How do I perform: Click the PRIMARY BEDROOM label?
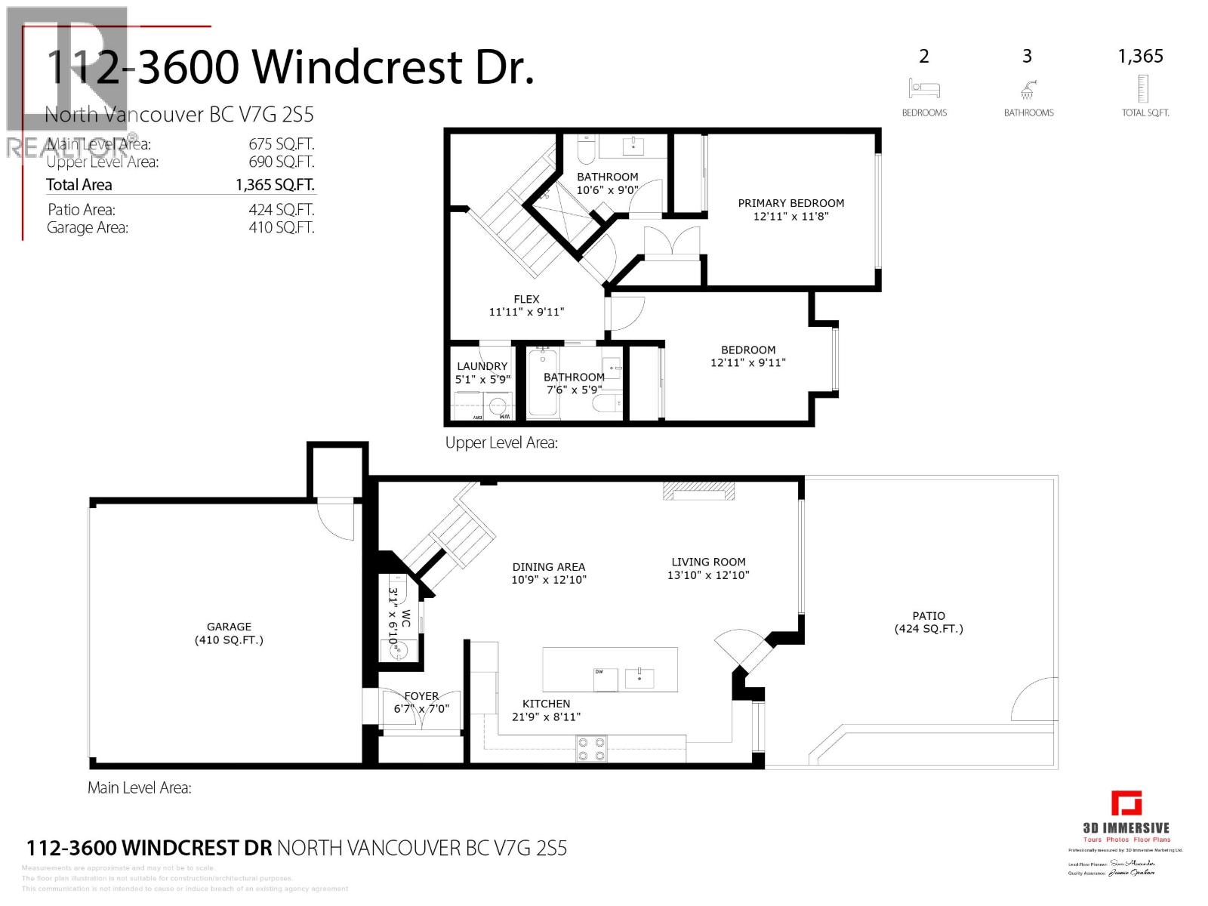click(x=790, y=203)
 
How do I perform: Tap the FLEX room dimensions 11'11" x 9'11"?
click(x=526, y=312)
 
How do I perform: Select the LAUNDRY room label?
click(x=482, y=366)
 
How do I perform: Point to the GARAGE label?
click(x=229, y=627)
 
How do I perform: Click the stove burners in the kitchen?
click(x=591, y=749)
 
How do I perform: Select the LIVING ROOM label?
click(x=708, y=562)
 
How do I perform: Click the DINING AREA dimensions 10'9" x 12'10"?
click(x=548, y=580)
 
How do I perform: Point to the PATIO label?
click(x=928, y=616)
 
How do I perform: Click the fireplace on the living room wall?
click(x=698, y=492)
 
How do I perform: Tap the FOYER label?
click(x=421, y=696)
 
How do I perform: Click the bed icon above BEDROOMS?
click(x=923, y=88)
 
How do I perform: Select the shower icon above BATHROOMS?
click(x=1027, y=90)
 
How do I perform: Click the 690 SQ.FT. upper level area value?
click(x=281, y=162)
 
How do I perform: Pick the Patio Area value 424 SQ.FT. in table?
click(x=281, y=210)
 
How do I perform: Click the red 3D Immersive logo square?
click(x=1126, y=803)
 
